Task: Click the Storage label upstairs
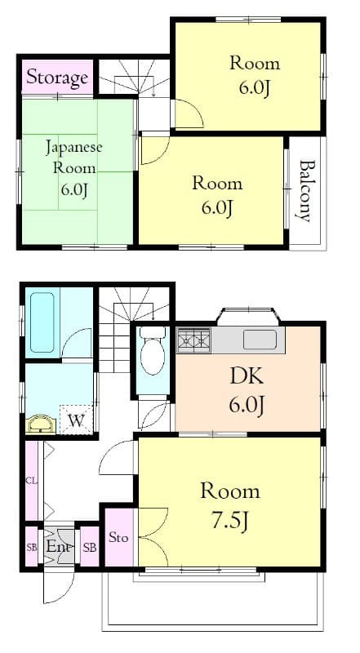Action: point(57,78)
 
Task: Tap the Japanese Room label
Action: point(73,158)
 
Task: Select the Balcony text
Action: point(304,190)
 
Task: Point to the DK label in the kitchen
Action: point(247,377)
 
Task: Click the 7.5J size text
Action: point(230,521)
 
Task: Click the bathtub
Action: point(42,322)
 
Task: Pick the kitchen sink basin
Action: point(260,340)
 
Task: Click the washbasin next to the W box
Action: point(41,425)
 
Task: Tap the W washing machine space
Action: point(76,420)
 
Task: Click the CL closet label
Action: point(31,480)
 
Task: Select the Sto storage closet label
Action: point(118,537)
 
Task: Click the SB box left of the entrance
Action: point(32,547)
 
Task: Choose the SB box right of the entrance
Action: point(89,547)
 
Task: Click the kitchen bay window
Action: point(248,316)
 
